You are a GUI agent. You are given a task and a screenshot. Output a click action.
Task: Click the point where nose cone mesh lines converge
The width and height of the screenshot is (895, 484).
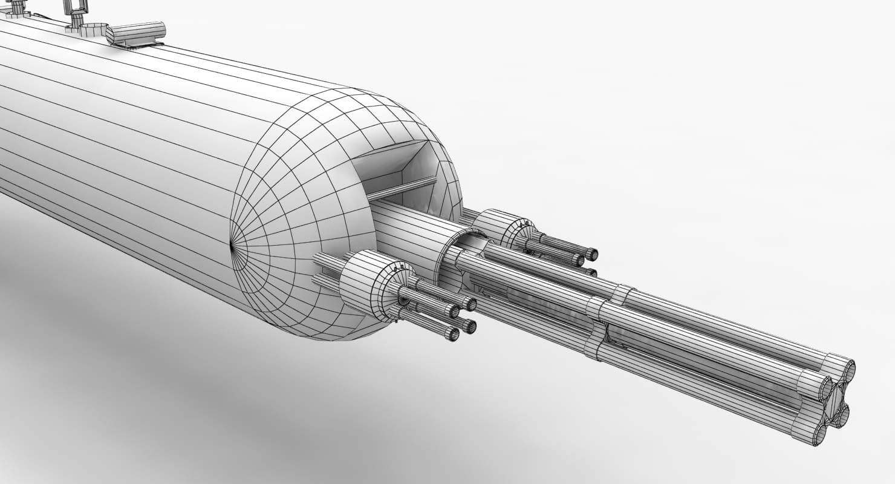pos(233,245)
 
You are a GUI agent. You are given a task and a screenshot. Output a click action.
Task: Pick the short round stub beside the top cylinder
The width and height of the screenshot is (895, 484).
pos(94,30)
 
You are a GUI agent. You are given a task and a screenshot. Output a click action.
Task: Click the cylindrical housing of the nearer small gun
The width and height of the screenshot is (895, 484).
pos(363,282)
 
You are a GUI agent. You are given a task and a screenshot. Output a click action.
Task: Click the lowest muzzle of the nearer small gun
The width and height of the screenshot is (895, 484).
pos(452,335)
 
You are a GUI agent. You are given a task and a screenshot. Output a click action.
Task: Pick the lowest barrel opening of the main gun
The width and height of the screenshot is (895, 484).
pos(821,434)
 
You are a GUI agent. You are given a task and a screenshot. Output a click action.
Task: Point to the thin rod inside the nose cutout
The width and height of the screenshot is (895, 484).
pos(402,188)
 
